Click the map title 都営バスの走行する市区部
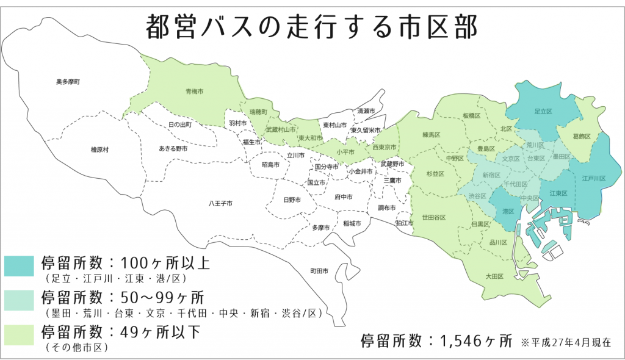tap(312, 27)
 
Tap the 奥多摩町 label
tap(68, 81)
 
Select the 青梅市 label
tap(194, 92)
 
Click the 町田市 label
tap(319, 270)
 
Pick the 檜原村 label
tap(99, 149)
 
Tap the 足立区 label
tap(543, 112)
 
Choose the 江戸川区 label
tap(593, 179)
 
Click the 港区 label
tap(507, 211)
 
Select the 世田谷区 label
tap(433, 217)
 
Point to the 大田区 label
tap(494, 276)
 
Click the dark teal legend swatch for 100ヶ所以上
tap(20, 265)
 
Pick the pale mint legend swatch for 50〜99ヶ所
tap(20, 299)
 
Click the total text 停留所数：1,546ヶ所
tap(436, 340)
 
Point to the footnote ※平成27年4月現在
tap(565, 342)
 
